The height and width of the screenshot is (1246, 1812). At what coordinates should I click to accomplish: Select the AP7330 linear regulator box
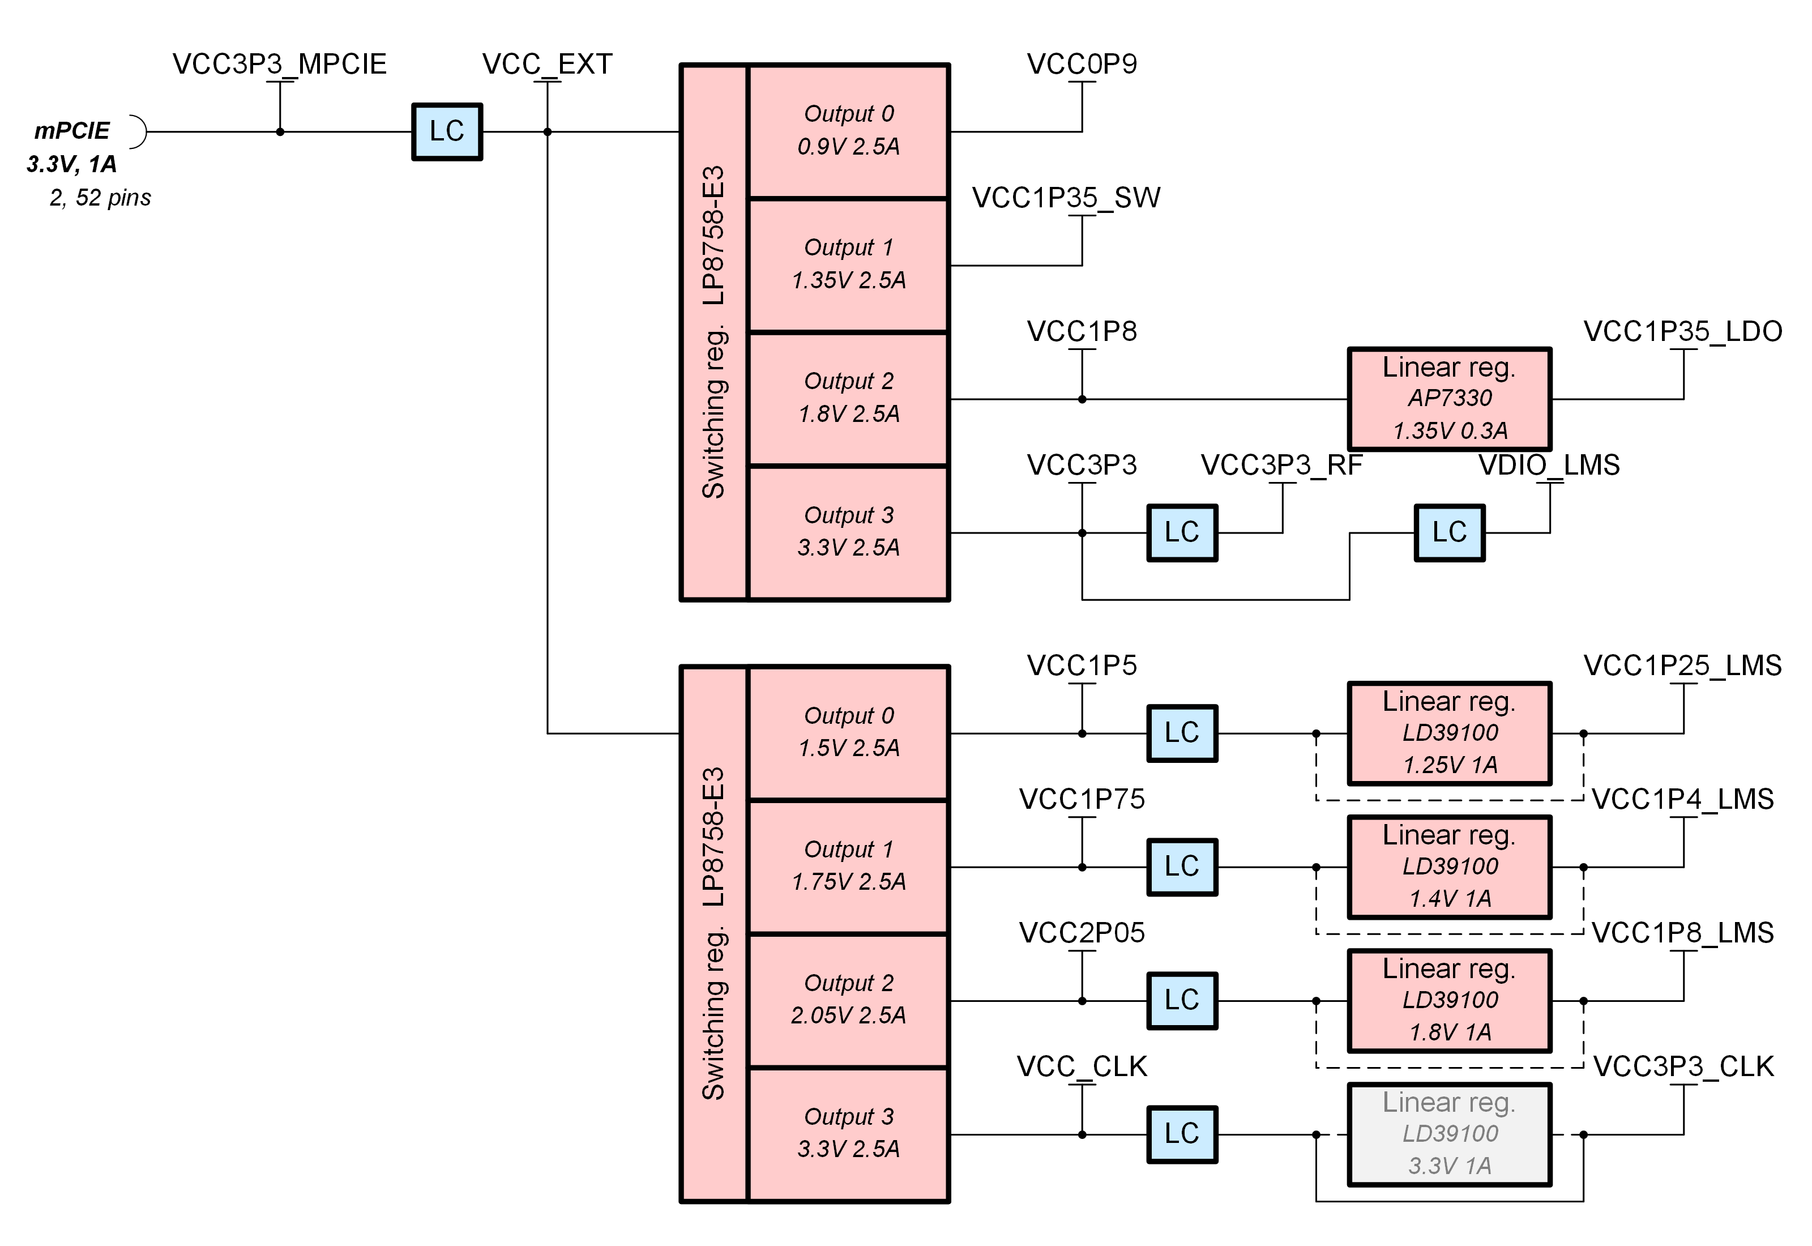click(1449, 398)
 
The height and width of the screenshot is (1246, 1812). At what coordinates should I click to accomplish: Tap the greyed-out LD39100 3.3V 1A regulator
click(1449, 1134)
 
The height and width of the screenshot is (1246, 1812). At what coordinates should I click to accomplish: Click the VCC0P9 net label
click(1082, 64)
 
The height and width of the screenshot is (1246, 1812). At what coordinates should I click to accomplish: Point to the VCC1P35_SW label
click(1066, 198)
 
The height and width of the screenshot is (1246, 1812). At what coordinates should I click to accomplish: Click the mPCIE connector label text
click(72, 130)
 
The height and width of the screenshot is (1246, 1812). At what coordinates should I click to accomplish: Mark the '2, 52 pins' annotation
click(100, 198)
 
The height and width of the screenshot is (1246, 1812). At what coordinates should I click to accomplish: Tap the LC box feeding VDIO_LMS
click(1449, 532)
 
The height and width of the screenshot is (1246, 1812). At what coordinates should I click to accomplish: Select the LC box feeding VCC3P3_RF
click(1181, 532)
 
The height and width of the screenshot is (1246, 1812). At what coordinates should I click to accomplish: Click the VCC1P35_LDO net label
click(1682, 331)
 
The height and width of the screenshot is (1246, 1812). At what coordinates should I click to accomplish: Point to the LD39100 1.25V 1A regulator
click(1449, 732)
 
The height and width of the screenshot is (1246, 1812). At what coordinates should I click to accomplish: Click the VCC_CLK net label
click(1082, 1066)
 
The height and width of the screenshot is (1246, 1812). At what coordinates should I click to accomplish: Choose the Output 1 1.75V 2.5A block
click(848, 866)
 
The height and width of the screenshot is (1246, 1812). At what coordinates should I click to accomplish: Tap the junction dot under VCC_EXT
click(547, 132)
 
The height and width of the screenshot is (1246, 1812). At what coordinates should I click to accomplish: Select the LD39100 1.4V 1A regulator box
click(1449, 866)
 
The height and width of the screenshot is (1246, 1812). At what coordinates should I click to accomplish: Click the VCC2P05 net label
click(1082, 933)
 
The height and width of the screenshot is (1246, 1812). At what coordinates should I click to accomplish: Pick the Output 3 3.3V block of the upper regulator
click(848, 532)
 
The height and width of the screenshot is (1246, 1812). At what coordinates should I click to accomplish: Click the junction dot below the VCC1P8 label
click(1082, 399)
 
